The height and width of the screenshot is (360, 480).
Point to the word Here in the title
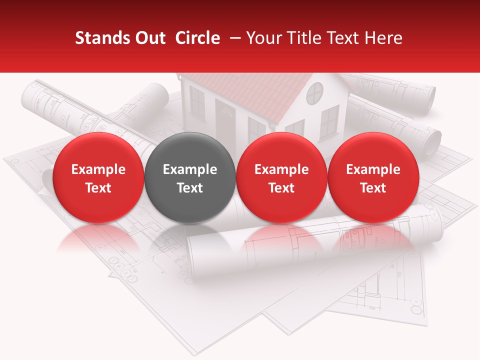click(x=384, y=38)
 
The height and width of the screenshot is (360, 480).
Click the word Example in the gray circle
click(x=190, y=169)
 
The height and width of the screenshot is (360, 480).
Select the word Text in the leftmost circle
click(x=98, y=188)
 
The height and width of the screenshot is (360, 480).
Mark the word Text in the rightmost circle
click(x=373, y=188)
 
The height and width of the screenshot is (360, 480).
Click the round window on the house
click(x=315, y=92)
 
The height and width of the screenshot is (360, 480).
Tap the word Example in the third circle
click(x=281, y=169)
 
